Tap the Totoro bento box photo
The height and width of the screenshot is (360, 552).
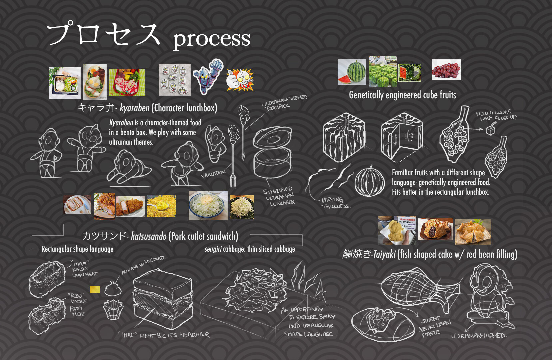point(65,83)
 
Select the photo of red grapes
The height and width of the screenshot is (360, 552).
point(446,70)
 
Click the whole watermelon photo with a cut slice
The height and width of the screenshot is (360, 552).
point(352,72)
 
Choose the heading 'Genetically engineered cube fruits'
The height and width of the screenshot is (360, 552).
point(402,95)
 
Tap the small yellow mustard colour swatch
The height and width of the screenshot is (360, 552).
point(95,289)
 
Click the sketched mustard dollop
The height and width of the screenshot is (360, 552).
point(113,289)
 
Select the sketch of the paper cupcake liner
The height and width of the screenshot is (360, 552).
point(113,310)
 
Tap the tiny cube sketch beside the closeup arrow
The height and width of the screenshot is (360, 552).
point(490,130)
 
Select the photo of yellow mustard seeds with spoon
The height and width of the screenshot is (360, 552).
point(161,206)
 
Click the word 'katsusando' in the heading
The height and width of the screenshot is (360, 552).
point(149,236)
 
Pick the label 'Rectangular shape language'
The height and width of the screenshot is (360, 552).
point(77,249)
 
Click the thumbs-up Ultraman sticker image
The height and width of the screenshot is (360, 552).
point(240,80)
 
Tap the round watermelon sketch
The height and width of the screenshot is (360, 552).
point(370,182)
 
